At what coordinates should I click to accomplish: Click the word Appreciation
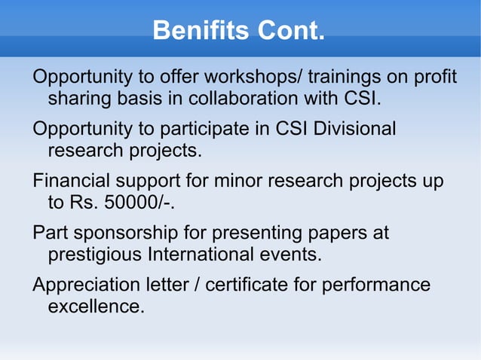tap(87, 285)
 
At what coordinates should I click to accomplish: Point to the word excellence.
tap(96, 307)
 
